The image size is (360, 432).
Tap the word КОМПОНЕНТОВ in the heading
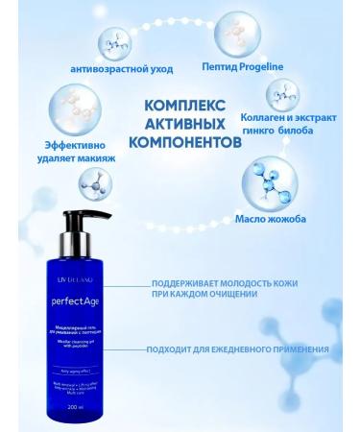point(184,140)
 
